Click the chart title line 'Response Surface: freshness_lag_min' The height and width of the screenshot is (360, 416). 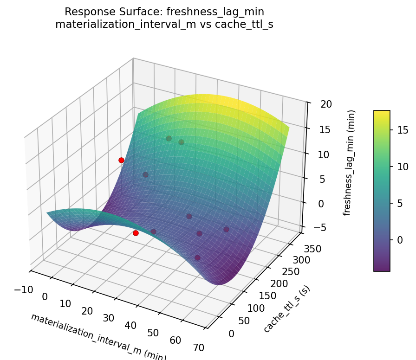point(164,12)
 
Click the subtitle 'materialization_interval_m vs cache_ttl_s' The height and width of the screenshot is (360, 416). point(164,25)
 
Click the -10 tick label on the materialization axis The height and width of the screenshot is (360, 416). point(24,290)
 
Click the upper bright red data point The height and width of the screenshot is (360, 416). point(121,160)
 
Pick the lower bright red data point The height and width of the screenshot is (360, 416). point(136,233)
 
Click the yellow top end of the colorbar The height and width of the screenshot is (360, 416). point(382,113)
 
